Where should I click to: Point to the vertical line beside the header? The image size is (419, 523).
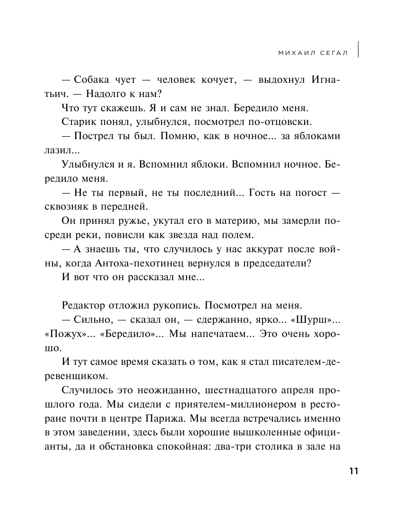[358, 49]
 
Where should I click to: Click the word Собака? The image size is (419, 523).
[90, 80]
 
